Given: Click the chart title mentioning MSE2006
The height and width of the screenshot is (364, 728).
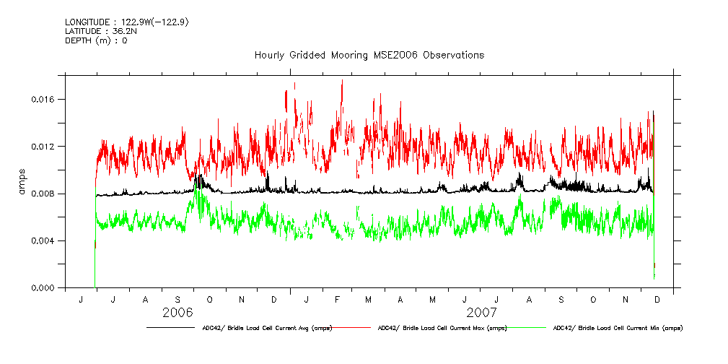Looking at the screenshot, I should tap(369, 56).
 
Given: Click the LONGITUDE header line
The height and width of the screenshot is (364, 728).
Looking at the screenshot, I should tap(127, 22).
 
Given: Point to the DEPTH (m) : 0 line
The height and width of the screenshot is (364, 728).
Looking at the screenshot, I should tap(96, 40).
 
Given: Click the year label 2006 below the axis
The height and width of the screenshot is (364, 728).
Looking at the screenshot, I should tap(178, 313).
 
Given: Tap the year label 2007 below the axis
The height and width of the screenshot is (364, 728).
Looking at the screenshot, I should tap(481, 313).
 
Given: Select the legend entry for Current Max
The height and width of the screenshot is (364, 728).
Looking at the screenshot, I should tap(442, 328).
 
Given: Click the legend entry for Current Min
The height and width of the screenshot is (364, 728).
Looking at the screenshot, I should tap(618, 328).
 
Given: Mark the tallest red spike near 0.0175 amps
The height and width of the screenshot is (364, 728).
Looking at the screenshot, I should tap(341, 81).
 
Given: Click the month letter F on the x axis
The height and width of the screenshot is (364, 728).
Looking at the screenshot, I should tap(337, 299).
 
